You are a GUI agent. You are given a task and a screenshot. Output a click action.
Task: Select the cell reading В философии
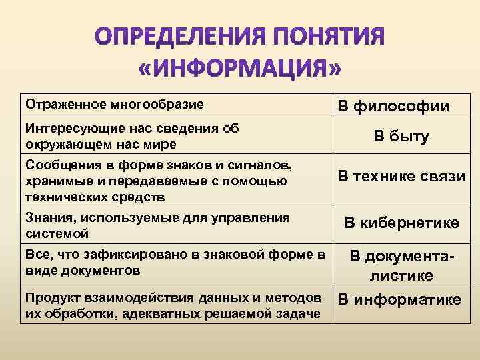point(393,106)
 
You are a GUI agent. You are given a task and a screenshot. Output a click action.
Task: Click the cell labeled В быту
point(401,137)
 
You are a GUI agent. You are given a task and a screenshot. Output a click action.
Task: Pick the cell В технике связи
point(401,176)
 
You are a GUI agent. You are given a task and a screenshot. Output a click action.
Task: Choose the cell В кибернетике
point(401,223)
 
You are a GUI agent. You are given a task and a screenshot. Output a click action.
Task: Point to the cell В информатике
point(399,299)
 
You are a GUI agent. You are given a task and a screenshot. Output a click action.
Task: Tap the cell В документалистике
point(401,265)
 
